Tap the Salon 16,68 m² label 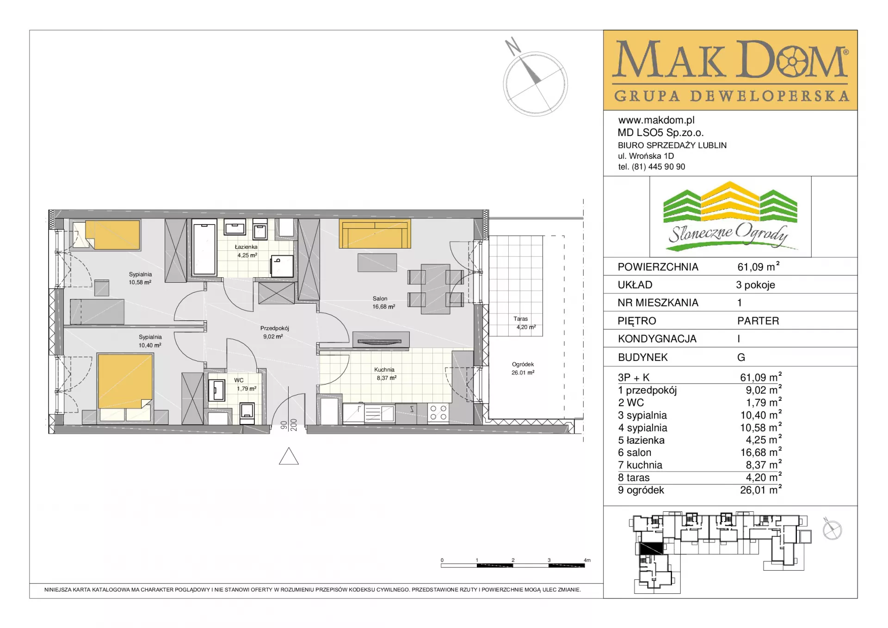pos(383,303)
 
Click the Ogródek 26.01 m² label pos(523,368)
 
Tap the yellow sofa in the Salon pos(375,234)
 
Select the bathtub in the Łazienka pos(204,249)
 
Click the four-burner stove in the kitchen pos(438,413)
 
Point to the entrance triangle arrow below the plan pos(289,456)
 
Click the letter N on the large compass pos(512,46)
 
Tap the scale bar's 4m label pos(587,560)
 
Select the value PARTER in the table pos(758,321)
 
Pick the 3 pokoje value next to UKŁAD pos(755,285)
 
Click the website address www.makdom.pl pos(656,120)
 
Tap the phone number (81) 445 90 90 pos(659,167)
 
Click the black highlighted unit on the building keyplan pos(651,549)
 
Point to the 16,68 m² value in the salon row pos(761,452)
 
